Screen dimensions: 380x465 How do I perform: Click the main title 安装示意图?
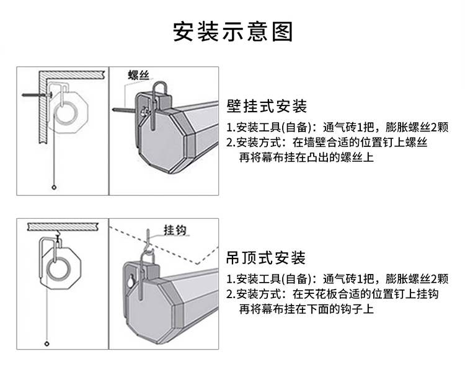coord(232,30)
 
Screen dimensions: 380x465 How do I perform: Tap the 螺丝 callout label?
coord(139,76)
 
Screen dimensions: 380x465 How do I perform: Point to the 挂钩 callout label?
coord(174,230)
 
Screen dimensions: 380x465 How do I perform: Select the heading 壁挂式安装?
coord(267,106)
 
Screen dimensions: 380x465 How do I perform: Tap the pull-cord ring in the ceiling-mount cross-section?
coord(47,343)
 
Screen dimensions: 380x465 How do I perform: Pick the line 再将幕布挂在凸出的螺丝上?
coord(306,157)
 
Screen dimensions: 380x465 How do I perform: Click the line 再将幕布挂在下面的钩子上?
coord(306,309)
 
